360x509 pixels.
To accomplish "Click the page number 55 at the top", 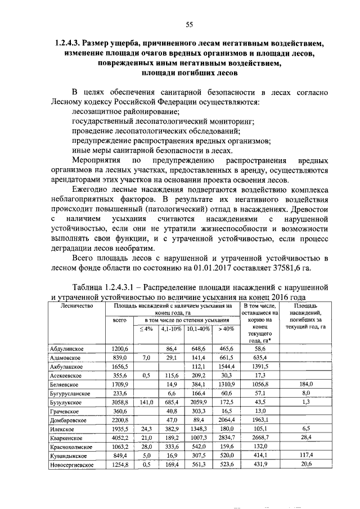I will click(x=190, y=24).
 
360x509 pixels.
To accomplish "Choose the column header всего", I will click(x=119, y=319).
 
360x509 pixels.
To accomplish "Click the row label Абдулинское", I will click(x=67, y=349).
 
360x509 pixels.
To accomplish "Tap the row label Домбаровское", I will click(x=69, y=420).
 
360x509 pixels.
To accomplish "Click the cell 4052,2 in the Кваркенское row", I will click(x=120, y=438).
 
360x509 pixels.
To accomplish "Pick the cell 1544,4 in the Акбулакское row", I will click(x=227, y=366).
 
